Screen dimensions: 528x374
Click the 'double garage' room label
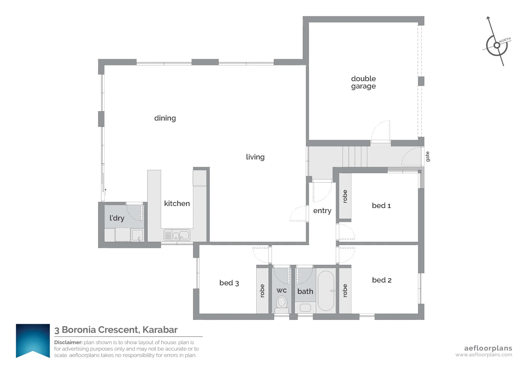click(363, 82)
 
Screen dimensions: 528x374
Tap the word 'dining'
click(165, 118)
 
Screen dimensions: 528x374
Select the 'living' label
click(255, 157)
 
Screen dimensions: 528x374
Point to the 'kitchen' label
click(177, 203)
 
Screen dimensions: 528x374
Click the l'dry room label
click(117, 218)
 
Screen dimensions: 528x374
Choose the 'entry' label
click(322, 211)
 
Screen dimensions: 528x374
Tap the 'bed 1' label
click(381, 205)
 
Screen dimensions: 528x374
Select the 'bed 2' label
click(382, 280)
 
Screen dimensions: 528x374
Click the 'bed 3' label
click(229, 283)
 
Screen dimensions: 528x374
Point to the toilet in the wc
click(282, 305)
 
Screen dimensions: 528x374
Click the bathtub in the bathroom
click(326, 291)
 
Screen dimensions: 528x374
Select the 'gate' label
click(428, 156)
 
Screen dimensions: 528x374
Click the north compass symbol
click(496, 45)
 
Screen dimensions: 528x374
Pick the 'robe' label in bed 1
click(345, 196)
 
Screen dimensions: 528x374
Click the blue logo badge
click(33, 341)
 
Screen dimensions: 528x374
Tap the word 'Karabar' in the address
click(160, 330)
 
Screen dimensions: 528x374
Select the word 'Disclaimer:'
click(68, 342)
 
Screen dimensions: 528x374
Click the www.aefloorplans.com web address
click(484, 355)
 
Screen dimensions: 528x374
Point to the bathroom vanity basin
click(305, 308)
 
